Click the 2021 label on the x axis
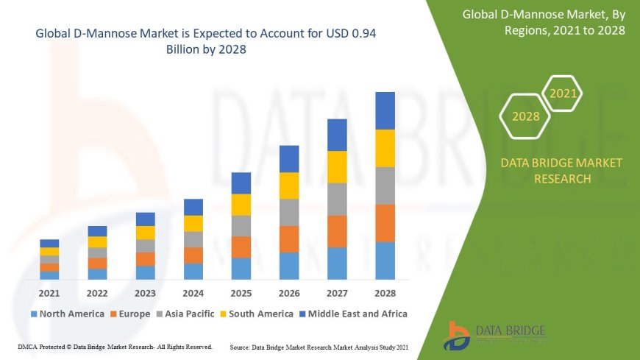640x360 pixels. coord(49,293)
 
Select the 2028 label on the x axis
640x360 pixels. coord(385,293)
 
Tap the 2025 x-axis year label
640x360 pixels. coord(241,293)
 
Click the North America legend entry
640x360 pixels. coord(67,314)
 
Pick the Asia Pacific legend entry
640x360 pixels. coord(190,314)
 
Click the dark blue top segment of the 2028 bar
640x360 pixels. coord(385,110)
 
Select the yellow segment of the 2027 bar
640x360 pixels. coord(337,166)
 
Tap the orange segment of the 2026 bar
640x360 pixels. coord(289,239)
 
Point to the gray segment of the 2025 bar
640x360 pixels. coord(241,225)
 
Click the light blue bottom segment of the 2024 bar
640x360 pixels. coord(193,271)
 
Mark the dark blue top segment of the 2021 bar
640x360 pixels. coord(49,243)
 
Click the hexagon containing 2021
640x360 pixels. coord(563,93)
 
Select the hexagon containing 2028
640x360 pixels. coord(525,116)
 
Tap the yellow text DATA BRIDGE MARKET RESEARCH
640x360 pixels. coord(561,171)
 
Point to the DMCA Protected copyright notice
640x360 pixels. coord(115,346)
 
